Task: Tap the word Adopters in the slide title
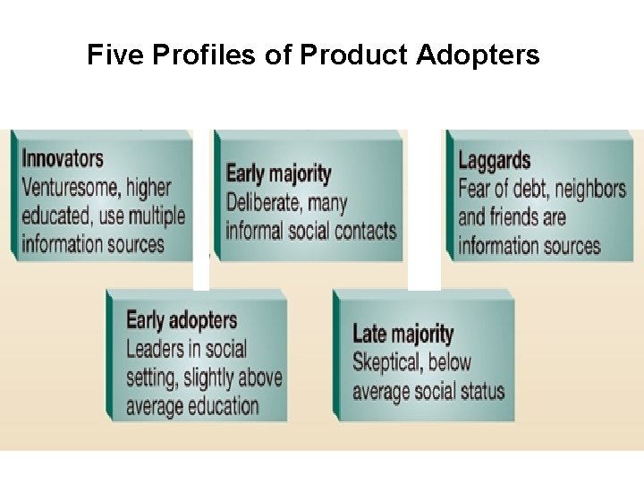(479, 56)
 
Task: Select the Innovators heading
(63, 159)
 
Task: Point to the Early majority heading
(278, 174)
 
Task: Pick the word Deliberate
(266, 202)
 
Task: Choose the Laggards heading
(494, 161)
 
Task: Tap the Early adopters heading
(182, 320)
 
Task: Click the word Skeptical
(388, 362)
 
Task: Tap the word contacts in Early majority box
(364, 231)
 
